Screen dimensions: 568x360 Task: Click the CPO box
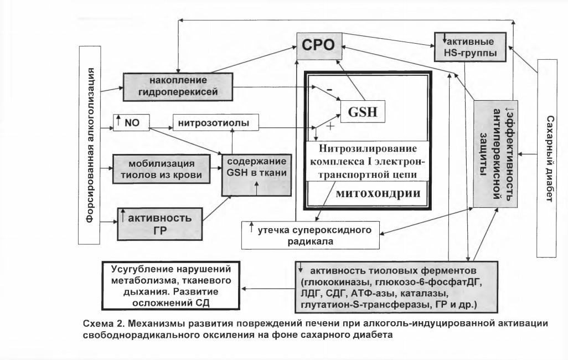click(x=319, y=46)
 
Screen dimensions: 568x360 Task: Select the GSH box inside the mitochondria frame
click(x=363, y=111)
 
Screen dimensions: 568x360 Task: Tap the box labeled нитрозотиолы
click(x=215, y=122)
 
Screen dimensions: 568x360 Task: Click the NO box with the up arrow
click(x=131, y=122)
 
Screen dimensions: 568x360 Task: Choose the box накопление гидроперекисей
click(x=178, y=86)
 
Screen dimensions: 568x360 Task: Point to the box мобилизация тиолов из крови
click(x=161, y=169)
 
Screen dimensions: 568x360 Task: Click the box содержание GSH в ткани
click(x=256, y=175)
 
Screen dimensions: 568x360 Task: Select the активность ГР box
click(x=160, y=224)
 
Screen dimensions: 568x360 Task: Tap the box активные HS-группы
click(x=470, y=47)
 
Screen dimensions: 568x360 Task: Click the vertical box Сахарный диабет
click(x=547, y=158)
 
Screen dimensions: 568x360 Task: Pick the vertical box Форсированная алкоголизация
click(x=89, y=145)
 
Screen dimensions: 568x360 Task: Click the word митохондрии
click(x=378, y=193)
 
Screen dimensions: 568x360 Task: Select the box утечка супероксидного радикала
click(x=311, y=235)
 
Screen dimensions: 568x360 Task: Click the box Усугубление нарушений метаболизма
click(x=171, y=286)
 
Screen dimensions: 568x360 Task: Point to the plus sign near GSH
click(x=330, y=126)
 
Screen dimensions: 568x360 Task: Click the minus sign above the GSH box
click(x=329, y=89)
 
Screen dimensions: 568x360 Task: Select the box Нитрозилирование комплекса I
click(x=368, y=161)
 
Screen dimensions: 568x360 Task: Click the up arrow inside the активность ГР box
click(x=122, y=215)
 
